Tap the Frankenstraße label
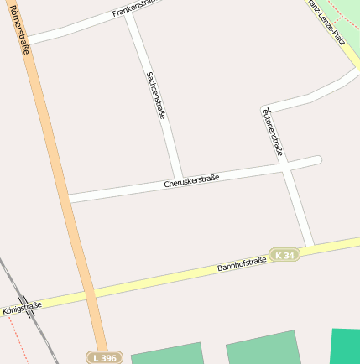134,8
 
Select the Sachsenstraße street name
156,95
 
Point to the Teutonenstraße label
273,132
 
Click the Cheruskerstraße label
191,179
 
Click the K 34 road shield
284,255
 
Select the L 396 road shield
105,357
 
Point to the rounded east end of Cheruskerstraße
316,160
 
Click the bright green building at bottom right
345,346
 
